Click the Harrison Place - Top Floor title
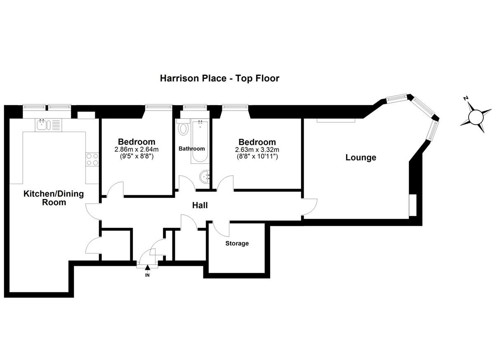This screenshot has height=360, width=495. click(x=219, y=78)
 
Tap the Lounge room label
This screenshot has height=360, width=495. click(x=361, y=157)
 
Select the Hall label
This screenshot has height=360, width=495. click(x=200, y=205)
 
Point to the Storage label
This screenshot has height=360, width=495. click(x=237, y=243)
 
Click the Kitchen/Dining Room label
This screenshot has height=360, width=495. click(x=54, y=198)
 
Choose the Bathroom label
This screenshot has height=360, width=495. click(x=191, y=149)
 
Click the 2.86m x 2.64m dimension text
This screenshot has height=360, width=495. click(x=137, y=149)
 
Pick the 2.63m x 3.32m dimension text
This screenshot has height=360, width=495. click(x=257, y=150)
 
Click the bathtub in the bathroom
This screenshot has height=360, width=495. click(x=200, y=142)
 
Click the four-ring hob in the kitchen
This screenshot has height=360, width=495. click(x=92, y=159)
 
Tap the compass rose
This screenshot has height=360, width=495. click(x=476, y=118)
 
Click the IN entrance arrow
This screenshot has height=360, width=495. click(x=147, y=268)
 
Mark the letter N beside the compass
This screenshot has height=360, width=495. click(x=466, y=98)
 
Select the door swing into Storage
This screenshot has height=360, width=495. click(x=221, y=229)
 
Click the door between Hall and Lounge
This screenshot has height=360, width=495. click(x=310, y=207)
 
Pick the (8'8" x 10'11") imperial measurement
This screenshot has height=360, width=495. click(x=257, y=156)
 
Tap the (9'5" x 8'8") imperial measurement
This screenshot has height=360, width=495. click(x=137, y=156)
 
